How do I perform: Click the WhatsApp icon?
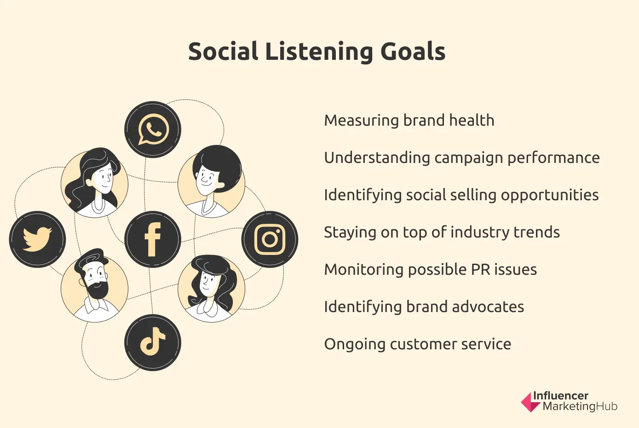point(153,129)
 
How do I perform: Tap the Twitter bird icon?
point(37,239)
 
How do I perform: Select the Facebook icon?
point(153,239)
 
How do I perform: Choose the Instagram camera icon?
point(270,239)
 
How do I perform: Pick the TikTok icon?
point(153,342)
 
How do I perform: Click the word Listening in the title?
point(319,52)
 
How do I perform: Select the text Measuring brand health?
point(409,121)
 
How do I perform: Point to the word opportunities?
point(550,195)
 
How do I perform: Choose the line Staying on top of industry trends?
point(442,232)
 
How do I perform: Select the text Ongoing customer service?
point(417,344)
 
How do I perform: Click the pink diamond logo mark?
point(530,402)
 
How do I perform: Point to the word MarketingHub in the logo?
point(580,406)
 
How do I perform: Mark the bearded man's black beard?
point(97,289)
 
